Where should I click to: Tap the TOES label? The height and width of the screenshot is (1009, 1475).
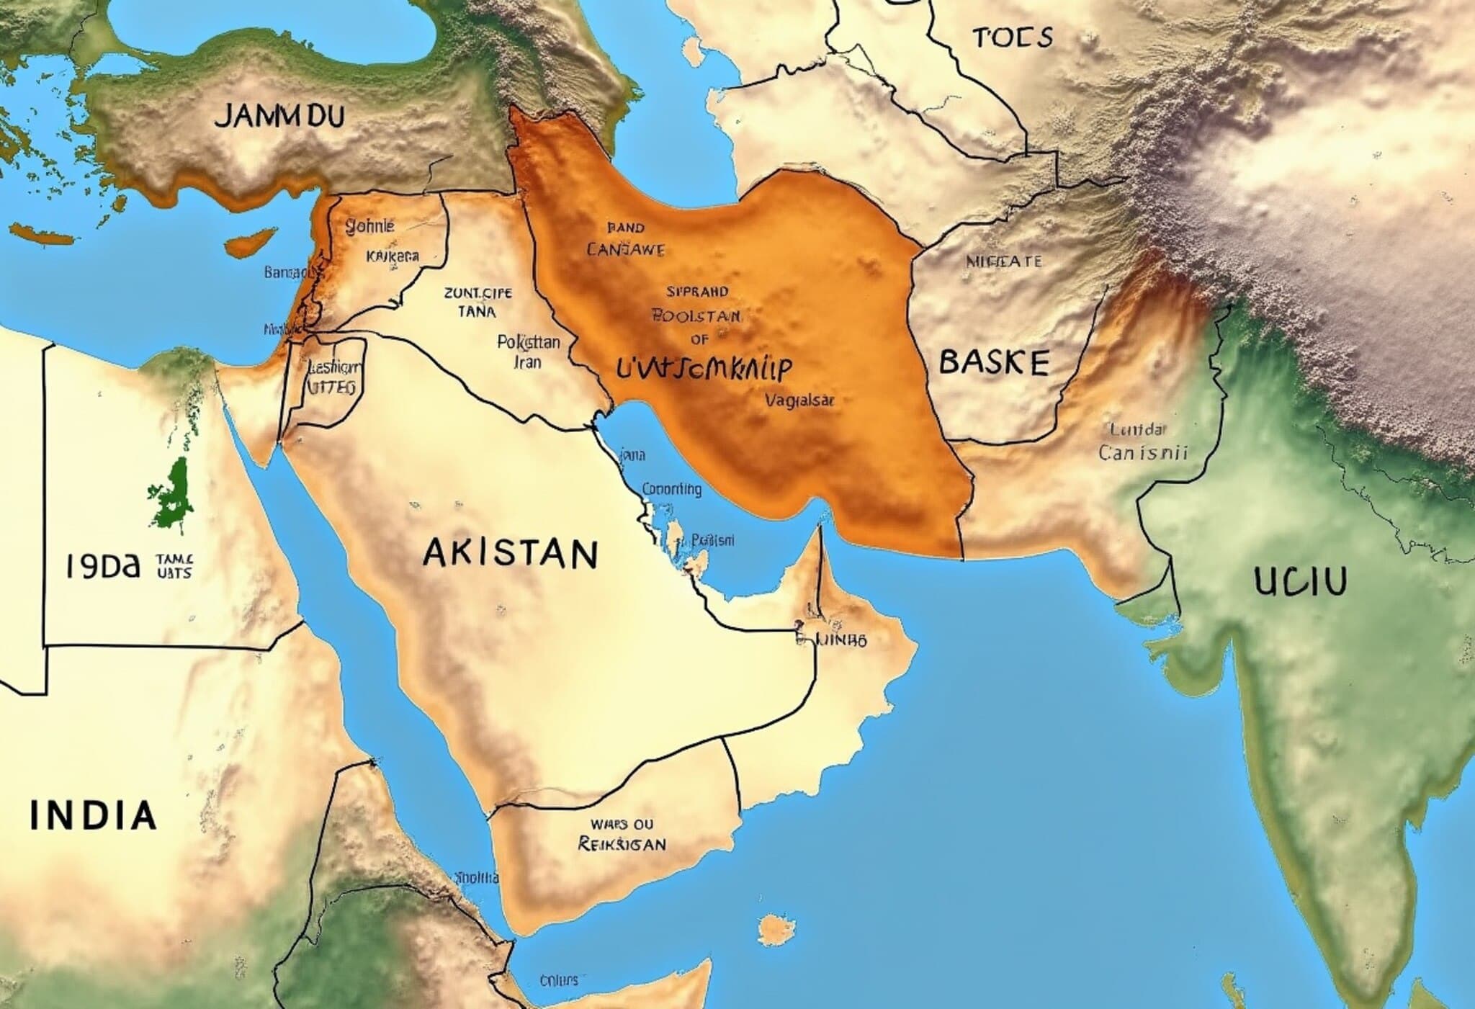click(1013, 37)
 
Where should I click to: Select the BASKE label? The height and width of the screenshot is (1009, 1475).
click(994, 362)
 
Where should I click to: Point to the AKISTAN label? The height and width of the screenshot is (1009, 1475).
click(510, 554)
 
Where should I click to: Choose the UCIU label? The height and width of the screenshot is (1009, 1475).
click(1300, 581)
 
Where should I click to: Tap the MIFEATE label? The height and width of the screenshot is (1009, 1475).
click(1003, 261)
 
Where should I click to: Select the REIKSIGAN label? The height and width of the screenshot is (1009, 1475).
click(622, 843)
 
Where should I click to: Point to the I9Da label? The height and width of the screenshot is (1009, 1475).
click(102, 567)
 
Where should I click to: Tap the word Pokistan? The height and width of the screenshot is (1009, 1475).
click(528, 343)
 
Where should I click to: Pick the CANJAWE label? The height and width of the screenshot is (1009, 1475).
click(625, 250)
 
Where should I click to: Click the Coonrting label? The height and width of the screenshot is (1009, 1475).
click(671, 490)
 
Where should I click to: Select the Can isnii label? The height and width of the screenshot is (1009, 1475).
click(1142, 452)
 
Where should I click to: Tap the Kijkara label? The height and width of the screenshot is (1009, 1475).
click(393, 256)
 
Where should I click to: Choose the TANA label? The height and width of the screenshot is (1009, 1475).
click(477, 312)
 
